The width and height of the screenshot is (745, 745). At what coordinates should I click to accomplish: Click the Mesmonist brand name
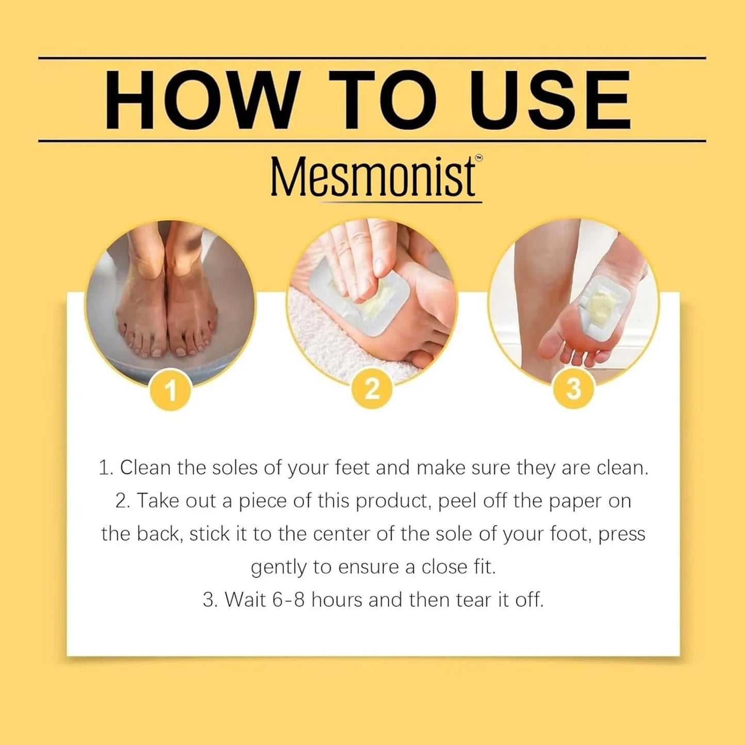click(x=372, y=177)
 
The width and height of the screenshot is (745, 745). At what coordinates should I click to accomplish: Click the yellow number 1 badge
click(x=171, y=390)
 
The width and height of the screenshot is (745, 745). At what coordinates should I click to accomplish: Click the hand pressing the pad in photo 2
click(x=356, y=253)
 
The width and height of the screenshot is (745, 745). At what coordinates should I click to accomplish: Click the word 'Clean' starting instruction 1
click(x=145, y=468)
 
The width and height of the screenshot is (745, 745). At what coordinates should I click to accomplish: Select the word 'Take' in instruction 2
click(x=156, y=501)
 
